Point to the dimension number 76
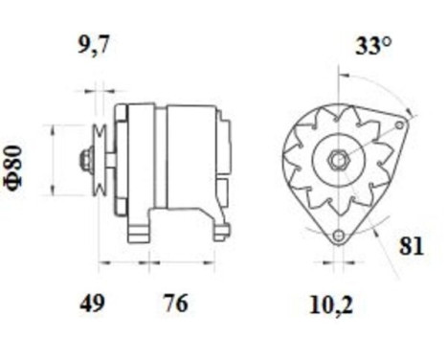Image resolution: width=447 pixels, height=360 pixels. tap(174, 304)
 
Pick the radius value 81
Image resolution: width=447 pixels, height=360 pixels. tap(411, 246)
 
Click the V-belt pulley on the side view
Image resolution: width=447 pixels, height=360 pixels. tap(99, 160)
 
